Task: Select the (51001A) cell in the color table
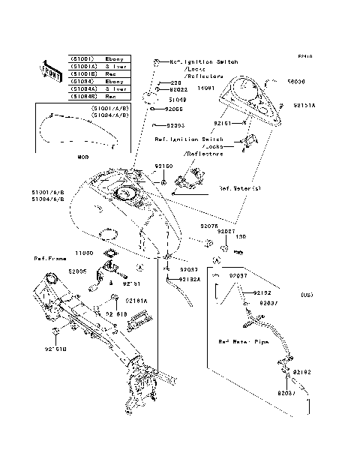click(83, 66)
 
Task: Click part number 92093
click(174, 125)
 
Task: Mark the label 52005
click(76, 272)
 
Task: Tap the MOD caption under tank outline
click(82, 157)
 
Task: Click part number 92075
click(208, 225)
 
